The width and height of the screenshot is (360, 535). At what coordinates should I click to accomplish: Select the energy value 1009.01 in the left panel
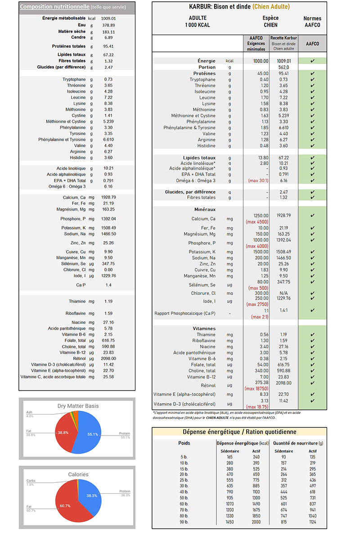coord(108,18)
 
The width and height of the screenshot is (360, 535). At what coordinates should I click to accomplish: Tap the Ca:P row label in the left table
coord(82,285)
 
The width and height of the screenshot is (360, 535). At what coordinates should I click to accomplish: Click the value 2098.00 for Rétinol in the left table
coord(108,358)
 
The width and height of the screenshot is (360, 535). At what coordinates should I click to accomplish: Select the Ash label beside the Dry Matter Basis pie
coord(30,413)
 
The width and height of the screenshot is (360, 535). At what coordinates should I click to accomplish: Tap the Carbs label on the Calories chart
coord(31,481)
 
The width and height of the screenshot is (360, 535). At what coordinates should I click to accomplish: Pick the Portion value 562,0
coord(283,67)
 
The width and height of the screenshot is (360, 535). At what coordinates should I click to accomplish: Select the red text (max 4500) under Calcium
coord(257,222)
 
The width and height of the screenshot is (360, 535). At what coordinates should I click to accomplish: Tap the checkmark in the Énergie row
coord(312,61)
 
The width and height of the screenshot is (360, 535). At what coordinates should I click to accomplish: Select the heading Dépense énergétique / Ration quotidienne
coord(239,432)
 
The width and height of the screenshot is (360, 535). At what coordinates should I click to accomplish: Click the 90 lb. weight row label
coord(184,522)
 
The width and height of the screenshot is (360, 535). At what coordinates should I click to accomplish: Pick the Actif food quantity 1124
coord(313,522)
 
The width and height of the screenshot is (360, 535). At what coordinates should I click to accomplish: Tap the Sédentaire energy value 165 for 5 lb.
coord(229,457)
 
